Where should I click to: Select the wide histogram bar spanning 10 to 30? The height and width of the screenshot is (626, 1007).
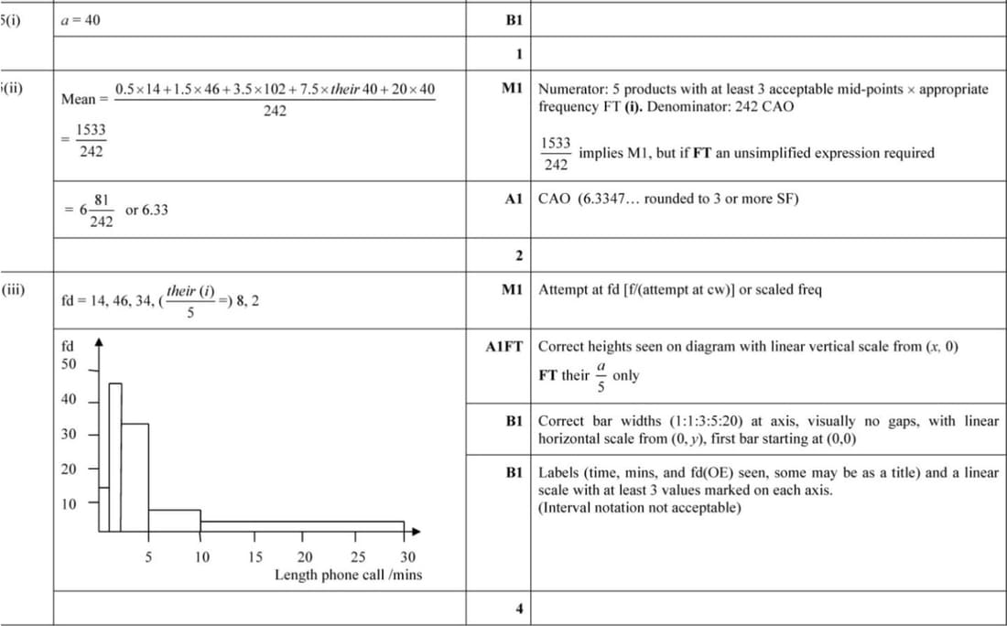click(x=302, y=525)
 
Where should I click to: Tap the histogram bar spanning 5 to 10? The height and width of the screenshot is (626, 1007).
click(x=174, y=520)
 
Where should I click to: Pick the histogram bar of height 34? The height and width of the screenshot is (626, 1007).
click(x=135, y=476)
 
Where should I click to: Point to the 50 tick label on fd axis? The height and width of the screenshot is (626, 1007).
click(x=69, y=363)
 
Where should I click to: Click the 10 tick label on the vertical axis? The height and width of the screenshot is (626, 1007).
click(x=69, y=502)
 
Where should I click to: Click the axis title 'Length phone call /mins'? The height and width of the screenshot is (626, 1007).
click(x=348, y=575)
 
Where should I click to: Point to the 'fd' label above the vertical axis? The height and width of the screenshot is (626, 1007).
click(x=66, y=346)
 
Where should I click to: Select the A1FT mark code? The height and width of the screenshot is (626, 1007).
click(x=503, y=347)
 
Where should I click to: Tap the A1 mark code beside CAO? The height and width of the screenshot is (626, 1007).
click(x=512, y=199)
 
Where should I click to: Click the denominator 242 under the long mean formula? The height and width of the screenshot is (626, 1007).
click(x=275, y=111)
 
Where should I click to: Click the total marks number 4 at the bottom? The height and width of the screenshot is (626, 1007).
click(x=519, y=609)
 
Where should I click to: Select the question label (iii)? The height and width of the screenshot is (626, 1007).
click(x=13, y=290)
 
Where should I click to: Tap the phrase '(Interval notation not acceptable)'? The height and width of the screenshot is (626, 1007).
click(x=639, y=507)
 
